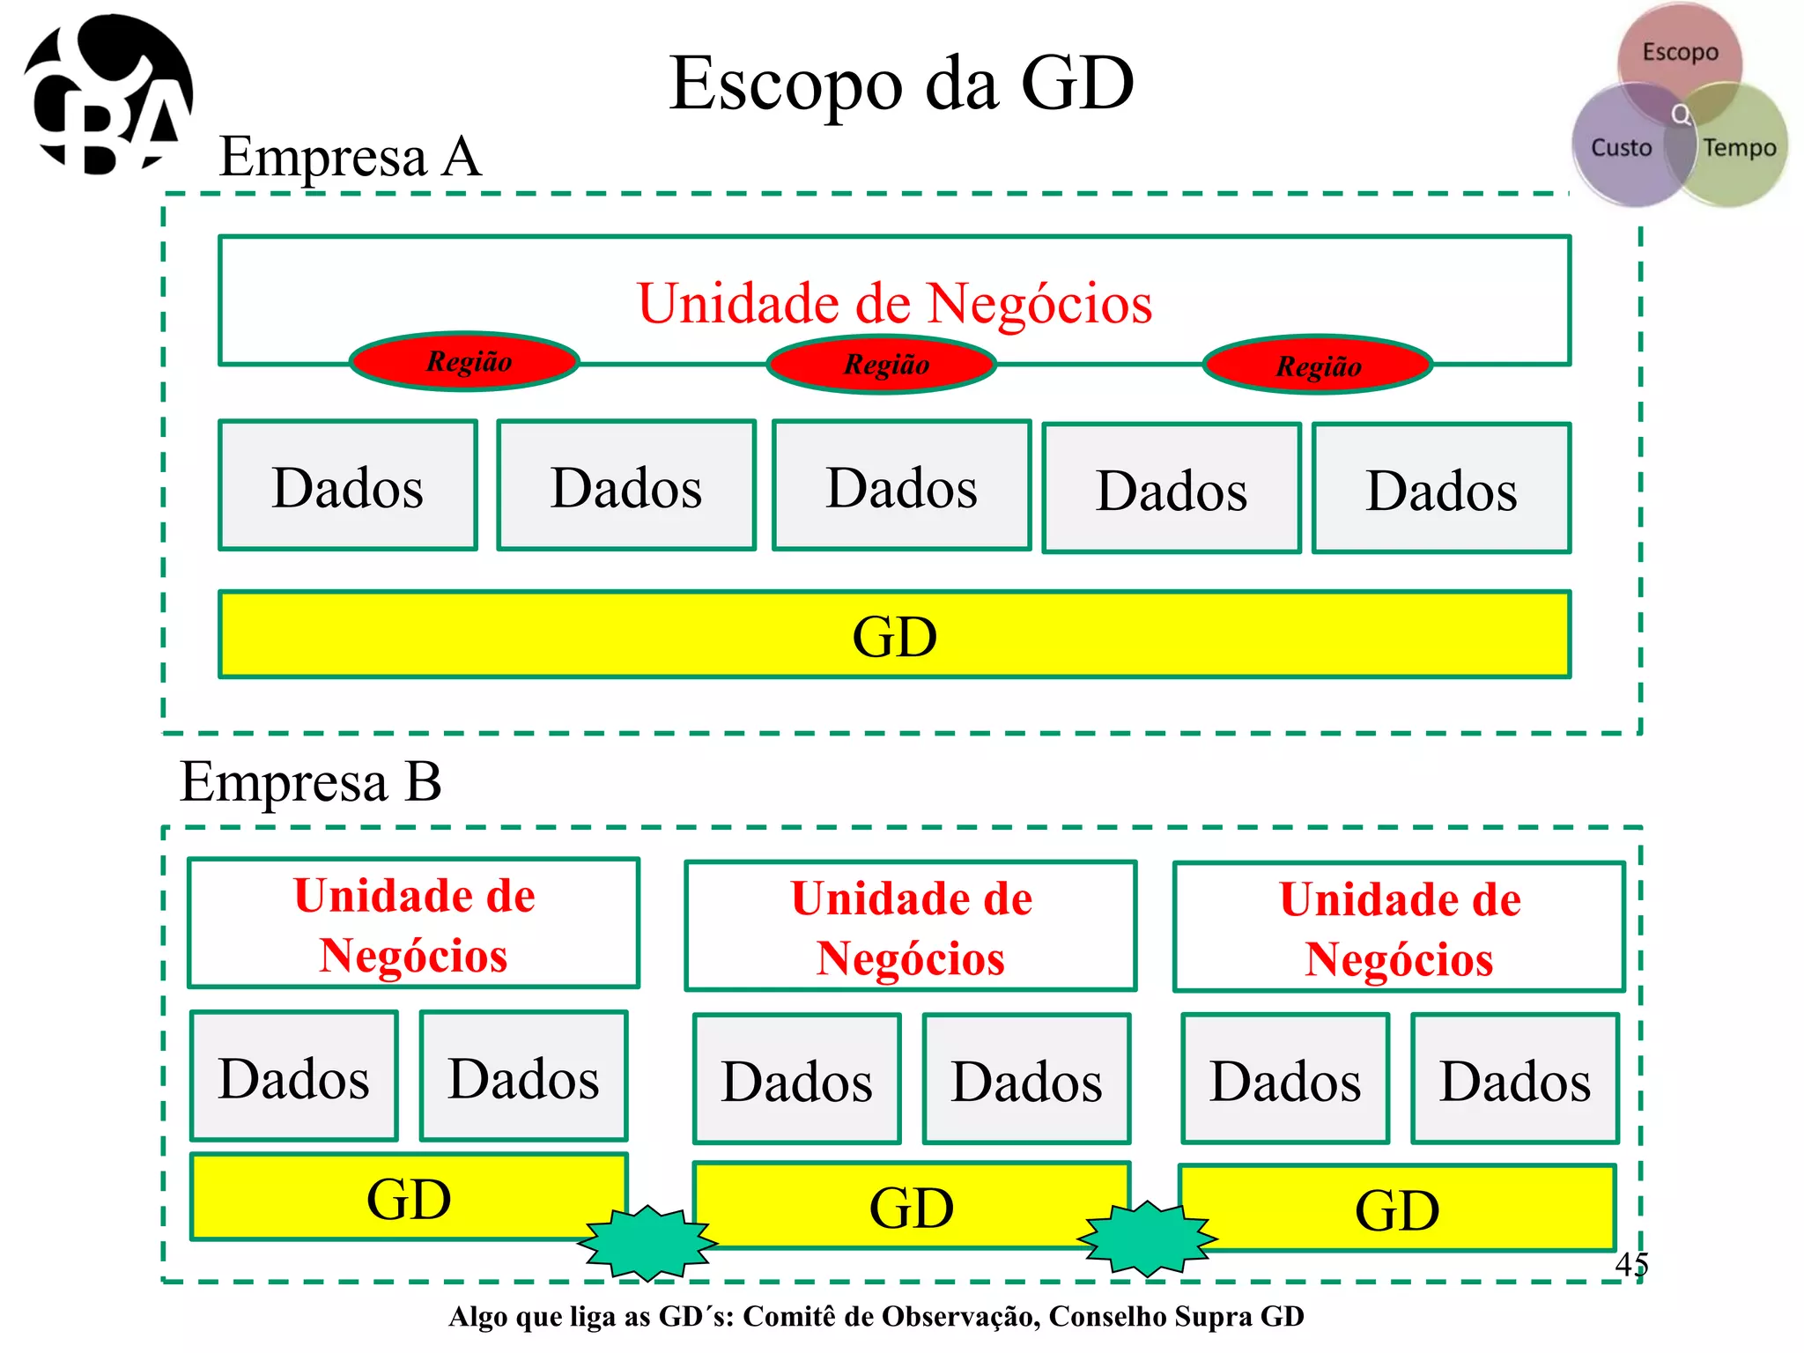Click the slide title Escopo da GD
pyautogui.click(x=901, y=84)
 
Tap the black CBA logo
pyautogui.click(x=107, y=95)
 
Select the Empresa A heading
pyautogui.click(x=350, y=157)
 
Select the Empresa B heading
pyautogui.click(x=310, y=781)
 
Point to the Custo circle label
pyautogui.click(x=1621, y=147)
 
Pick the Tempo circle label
pyautogui.click(x=1739, y=147)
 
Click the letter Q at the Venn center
pyautogui.click(x=1681, y=115)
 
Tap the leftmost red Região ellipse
pyautogui.click(x=465, y=361)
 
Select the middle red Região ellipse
pyautogui.click(x=883, y=364)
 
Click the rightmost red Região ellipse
pyautogui.click(x=1318, y=366)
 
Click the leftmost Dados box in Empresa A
pyautogui.click(x=348, y=486)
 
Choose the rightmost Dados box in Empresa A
pyautogui.click(x=1441, y=489)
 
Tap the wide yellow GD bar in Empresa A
pyautogui.click(x=894, y=635)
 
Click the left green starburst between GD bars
pyautogui.click(x=647, y=1242)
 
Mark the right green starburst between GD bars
pyautogui.click(x=1147, y=1238)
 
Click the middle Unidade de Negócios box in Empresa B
pyautogui.click(x=911, y=927)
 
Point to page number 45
pyautogui.click(x=1630, y=1264)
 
